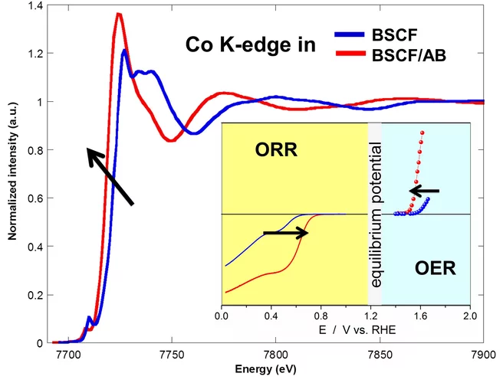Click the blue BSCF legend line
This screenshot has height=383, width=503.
coord(357,36)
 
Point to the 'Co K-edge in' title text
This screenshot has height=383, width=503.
coord(251,44)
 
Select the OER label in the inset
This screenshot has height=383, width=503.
coord(436,269)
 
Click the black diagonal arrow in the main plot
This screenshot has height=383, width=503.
coord(110,176)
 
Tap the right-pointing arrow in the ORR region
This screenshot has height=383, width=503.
coord(286,232)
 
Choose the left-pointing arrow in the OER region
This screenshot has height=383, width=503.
coord(424,190)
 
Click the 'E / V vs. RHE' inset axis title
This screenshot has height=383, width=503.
coord(346,332)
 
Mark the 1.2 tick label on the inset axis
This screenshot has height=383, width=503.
coord(371,316)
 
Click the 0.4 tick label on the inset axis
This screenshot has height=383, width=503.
coord(271,316)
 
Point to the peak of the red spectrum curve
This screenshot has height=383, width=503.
coord(119,13)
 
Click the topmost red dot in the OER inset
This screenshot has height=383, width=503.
coord(422,133)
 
